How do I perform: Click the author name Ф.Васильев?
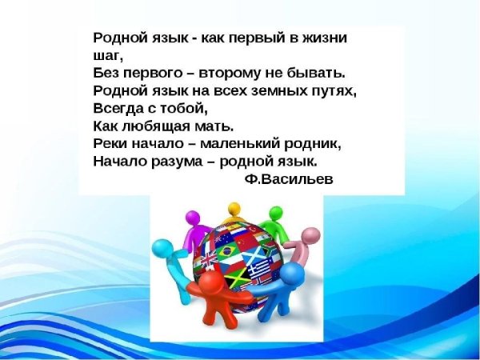286,178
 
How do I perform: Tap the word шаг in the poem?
108,56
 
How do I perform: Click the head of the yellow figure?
234,210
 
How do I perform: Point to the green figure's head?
274,214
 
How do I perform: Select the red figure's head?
210,285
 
